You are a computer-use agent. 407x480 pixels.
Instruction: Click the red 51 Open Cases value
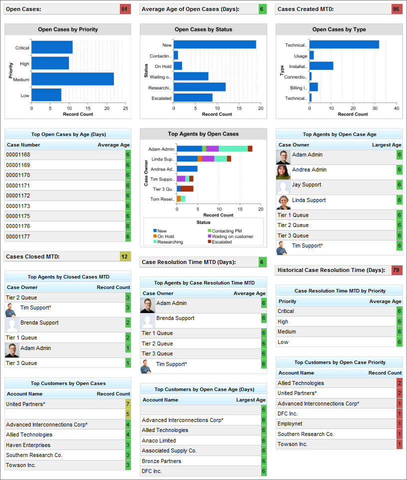pos(125,9)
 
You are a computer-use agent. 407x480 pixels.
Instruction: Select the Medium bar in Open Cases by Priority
pos(72,79)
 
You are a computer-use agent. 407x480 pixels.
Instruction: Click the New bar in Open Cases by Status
pos(215,44)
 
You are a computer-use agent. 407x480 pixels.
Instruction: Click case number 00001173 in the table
pos(18,206)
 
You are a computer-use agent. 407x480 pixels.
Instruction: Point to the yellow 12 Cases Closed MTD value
pos(125,256)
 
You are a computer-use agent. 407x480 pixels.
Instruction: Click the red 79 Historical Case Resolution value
pos(397,270)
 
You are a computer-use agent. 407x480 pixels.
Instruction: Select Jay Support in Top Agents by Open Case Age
pos(307,185)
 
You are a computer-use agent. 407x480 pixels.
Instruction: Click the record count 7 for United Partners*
pos(128,404)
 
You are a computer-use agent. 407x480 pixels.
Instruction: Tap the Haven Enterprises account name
pos(28,445)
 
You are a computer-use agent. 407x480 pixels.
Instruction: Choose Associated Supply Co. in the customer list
pos(169,451)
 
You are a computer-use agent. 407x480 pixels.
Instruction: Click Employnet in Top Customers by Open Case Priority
pos(291,424)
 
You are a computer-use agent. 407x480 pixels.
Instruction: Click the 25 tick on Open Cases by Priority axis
pos(125,108)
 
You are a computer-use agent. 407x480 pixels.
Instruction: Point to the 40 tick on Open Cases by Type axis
pos(396,108)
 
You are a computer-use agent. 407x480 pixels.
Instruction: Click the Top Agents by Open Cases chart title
pos(203,134)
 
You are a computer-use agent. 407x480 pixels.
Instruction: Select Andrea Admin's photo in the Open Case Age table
pos(283,172)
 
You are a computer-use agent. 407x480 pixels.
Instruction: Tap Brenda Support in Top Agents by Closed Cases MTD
pos(39,323)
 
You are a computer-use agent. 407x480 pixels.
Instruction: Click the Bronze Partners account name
pos(162,461)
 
